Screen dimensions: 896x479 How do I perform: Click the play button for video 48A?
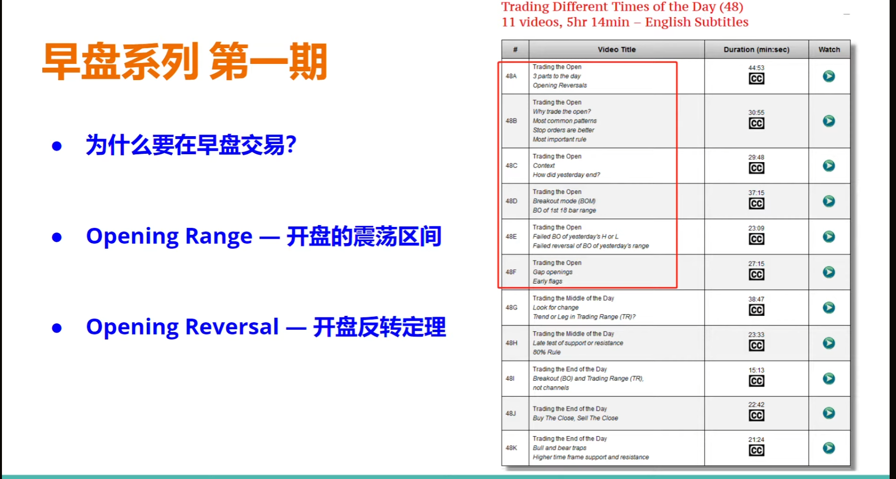pos(829,76)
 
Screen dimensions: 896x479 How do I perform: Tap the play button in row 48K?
pos(829,448)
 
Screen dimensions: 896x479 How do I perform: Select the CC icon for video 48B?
pos(756,123)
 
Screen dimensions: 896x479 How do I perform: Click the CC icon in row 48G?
pos(756,310)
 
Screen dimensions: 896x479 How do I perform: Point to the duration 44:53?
pos(756,68)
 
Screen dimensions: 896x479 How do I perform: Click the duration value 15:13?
pos(756,370)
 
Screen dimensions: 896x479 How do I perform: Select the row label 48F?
pos(511,272)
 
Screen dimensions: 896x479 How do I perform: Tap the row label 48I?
pos(510,378)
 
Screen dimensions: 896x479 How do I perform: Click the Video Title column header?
pos(616,50)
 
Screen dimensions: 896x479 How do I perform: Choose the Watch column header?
pos(829,50)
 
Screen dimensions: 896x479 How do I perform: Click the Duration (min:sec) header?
pos(756,50)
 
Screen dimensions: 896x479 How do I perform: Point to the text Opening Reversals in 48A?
pos(560,85)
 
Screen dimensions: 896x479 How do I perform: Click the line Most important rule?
pos(559,140)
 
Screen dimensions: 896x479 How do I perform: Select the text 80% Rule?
pos(547,352)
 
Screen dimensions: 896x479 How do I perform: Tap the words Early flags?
pos(548,282)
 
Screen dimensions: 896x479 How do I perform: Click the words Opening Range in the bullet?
pos(169,236)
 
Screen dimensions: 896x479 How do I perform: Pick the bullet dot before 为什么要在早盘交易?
pos(57,146)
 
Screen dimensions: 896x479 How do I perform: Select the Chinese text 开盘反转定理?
pos(379,327)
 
